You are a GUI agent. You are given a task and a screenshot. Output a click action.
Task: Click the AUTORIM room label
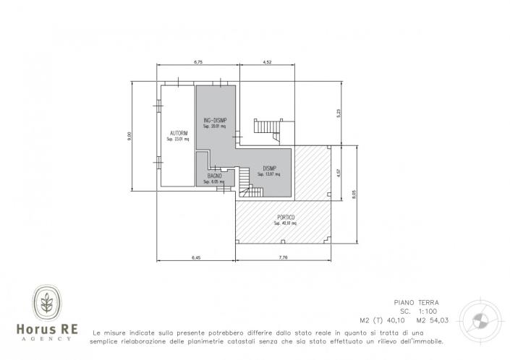(178, 133)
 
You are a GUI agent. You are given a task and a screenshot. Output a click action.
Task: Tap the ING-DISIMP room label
(214, 120)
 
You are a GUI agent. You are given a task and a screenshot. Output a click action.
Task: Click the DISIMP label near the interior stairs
(271, 168)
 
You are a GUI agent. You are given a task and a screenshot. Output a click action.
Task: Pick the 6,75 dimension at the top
(197, 63)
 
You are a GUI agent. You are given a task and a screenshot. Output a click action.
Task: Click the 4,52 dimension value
(267, 63)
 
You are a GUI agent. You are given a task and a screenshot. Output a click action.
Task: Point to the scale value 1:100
(428, 312)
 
